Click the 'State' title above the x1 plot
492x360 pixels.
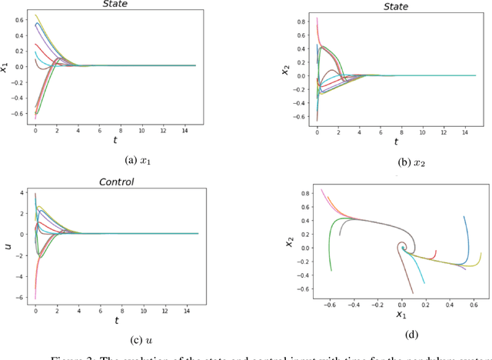(115, 4)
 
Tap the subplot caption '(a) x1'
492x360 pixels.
(115, 159)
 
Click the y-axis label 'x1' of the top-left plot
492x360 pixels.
(5, 67)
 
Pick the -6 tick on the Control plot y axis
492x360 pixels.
(22, 298)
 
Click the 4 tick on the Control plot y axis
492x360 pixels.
(23, 194)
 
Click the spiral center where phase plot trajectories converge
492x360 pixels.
(402, 248)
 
